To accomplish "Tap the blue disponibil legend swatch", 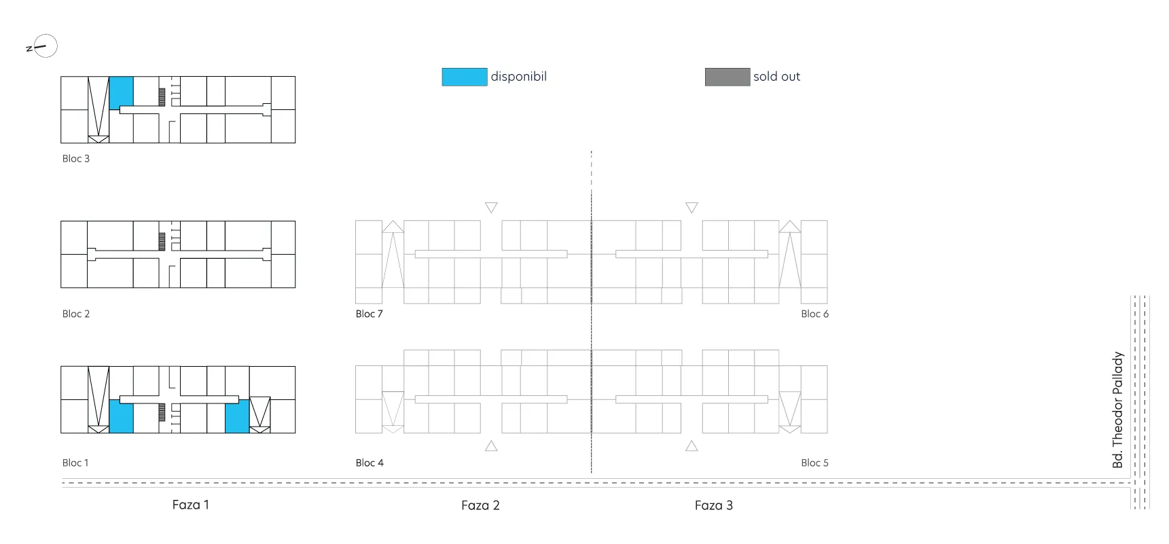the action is click(x=465, y=77).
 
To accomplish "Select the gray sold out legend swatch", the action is click(x=727, y=77).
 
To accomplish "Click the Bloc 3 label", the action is click(x=76, y=158).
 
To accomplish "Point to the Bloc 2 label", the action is click(x=76, y=314).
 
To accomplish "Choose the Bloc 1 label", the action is click(x=75, y=463).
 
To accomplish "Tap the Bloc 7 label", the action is click(x=370, y=314).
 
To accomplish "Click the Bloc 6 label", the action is click(x=814, y=314).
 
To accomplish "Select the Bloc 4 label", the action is click(x=370, y=463).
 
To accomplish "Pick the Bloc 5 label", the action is click(x=814, y=463).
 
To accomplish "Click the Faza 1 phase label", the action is click(x=191, y=505).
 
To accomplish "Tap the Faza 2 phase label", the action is click(x=480, y=505).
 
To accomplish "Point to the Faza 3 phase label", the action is click(x=714, y=505).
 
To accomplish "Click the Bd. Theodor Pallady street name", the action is click(x=1118, y=410).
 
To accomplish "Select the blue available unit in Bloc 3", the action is click(x=121, y=92).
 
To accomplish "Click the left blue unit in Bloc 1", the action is click(x=121, y=416).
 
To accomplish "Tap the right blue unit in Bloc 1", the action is click(x=237, y=416).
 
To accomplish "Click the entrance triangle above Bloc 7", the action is click(x=491, y=207).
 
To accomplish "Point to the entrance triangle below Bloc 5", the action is click(x=691, y=446).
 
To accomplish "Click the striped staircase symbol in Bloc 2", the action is click(x=162, y=241).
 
